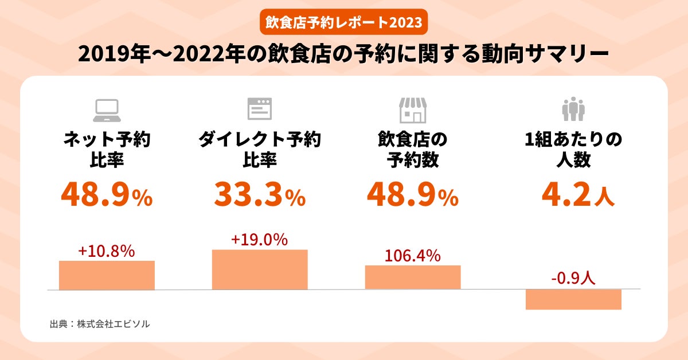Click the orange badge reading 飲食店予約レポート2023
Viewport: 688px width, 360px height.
[344, 22]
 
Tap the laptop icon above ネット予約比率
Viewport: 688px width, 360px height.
[107, 109]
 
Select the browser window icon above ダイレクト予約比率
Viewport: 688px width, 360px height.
[260, 109]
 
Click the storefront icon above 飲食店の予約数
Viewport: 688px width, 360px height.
[413, 109]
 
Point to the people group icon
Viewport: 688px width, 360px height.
[573, 109]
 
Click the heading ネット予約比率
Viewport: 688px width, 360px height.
[107, 150]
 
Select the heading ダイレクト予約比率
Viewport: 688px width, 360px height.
[260, 150]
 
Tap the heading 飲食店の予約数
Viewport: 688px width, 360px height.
[413, 150]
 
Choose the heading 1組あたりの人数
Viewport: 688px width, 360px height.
[573, 150]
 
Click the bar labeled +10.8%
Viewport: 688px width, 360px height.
[107, 275]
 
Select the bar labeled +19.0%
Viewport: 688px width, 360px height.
[260, 269]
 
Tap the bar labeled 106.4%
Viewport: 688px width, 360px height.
[413, 277]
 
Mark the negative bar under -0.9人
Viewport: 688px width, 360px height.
[573, 299]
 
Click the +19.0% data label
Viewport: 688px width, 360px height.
[260, 240]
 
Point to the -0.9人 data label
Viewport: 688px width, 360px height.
[573, 279]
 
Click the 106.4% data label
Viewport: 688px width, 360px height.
[413, 256]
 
